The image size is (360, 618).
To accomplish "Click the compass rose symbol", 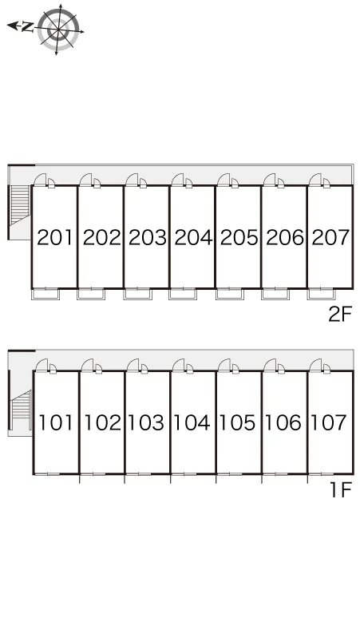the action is tap(58, 30).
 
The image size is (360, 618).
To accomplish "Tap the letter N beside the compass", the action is tap(26, 27).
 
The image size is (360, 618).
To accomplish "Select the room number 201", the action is tap(55, 237).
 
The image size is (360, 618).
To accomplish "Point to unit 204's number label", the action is tap(193, 237).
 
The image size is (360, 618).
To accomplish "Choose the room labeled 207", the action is tap(330, 237).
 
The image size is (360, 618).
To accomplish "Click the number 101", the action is tap(56, 422).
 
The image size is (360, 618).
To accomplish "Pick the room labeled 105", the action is tap(238, 422).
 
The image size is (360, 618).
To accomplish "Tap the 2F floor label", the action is tap(339, 315).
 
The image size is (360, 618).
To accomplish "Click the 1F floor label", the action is tap(340, 491).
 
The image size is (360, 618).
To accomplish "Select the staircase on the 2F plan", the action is tap(21, 205).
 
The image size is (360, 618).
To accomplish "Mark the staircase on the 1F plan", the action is tap(22, 410).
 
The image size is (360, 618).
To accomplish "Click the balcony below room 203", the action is tap(137, 294).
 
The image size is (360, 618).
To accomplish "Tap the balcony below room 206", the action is tap(275, 294).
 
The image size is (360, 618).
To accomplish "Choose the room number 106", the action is tap(283, 422).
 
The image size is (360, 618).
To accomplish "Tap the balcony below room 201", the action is tap(45, 294).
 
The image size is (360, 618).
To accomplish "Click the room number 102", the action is tap(102, 422).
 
